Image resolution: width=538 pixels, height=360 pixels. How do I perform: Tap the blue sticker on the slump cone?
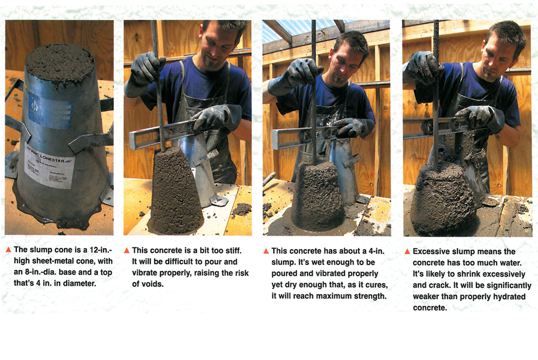tap(50, 111)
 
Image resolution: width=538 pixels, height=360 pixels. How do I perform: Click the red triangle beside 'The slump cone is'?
tap(9, 250)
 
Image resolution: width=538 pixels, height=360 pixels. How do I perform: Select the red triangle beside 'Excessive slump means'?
tap(407, 252)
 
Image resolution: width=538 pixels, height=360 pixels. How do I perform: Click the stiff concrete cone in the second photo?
tap(175, 192)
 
